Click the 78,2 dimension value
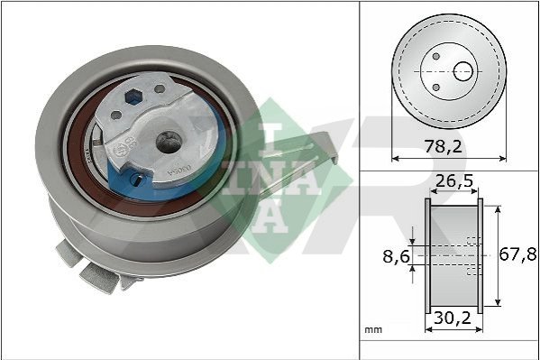point(443,146)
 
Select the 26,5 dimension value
point(454,181)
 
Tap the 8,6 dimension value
point(397,256)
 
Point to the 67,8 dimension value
point(518,254)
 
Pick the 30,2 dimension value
point(453,318)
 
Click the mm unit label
point(373,329)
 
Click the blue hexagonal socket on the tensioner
point(133,97)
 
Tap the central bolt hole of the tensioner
point(169,142)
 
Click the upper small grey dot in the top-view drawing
point(436,56)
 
